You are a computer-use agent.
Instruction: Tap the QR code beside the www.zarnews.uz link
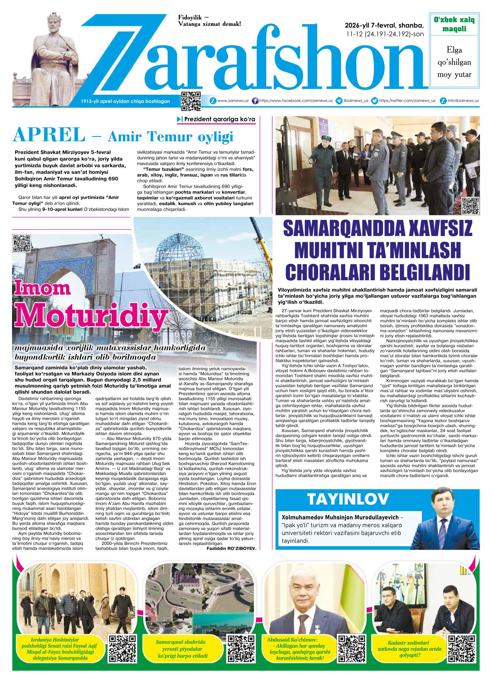coord(191,101)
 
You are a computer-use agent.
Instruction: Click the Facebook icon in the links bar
coord(255,101)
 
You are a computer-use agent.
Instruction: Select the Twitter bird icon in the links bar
coord(375,101)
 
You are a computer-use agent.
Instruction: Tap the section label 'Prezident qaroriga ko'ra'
coord(220,119)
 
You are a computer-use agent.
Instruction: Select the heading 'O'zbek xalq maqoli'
coord(454,24)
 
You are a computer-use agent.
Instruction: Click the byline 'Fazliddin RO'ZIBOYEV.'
coord(231,548)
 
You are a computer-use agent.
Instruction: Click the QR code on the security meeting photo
coord(471,206)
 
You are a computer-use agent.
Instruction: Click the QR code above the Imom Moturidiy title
coord(21,243)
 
